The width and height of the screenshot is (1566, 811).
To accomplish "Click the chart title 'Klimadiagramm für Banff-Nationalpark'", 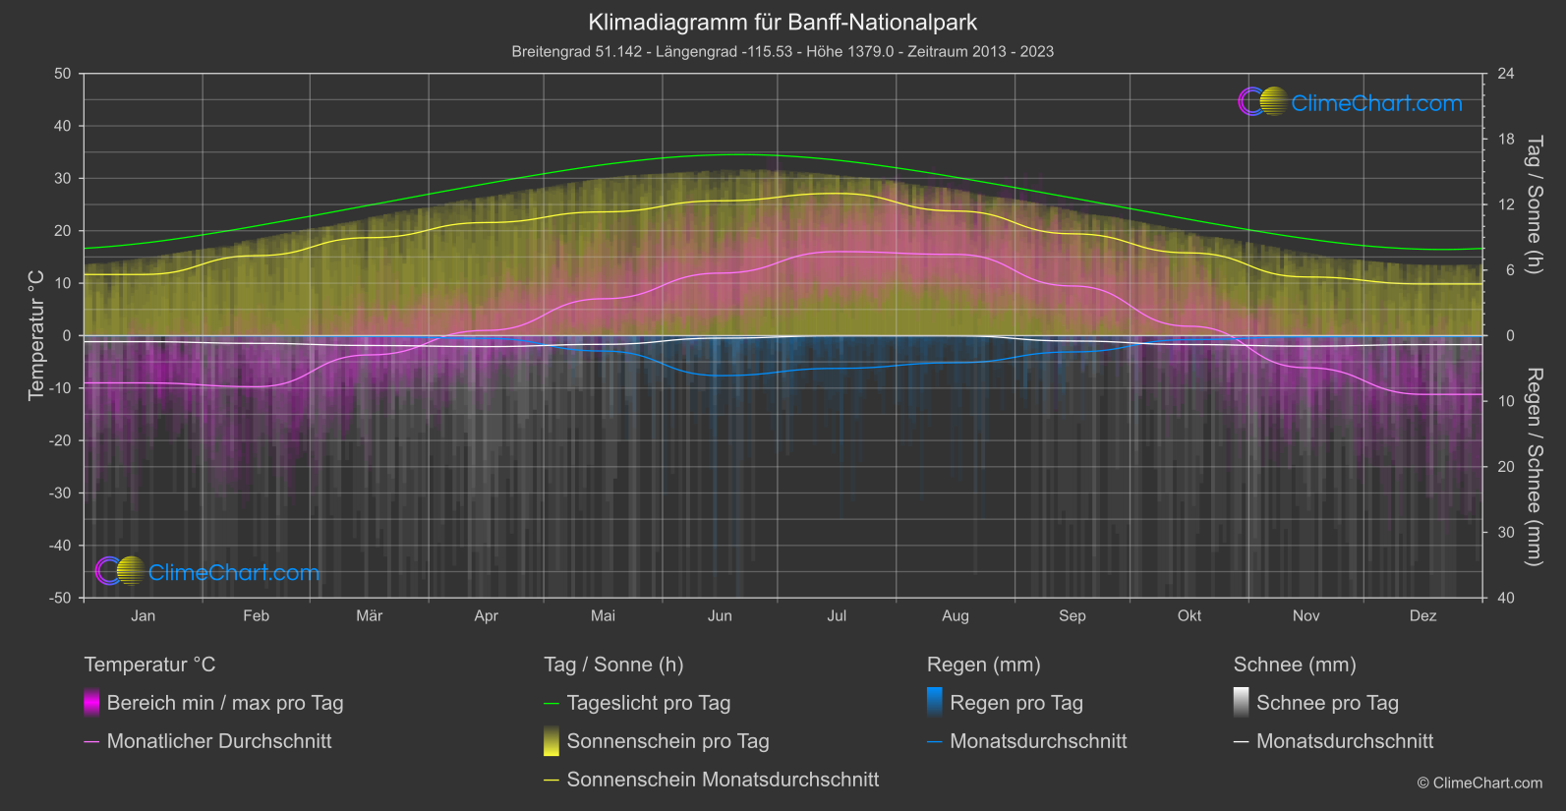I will point(783,22).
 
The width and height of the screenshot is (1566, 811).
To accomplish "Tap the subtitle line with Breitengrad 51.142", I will point(783,51).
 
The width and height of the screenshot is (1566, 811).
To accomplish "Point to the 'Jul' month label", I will point(837,615).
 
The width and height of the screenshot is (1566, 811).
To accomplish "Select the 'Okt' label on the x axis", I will point(1189,615).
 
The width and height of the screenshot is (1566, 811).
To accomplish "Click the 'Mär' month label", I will point(369,615).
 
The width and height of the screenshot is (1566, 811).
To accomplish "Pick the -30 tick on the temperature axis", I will point(61,492).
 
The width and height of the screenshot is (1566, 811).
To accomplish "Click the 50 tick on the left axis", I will point(63,74).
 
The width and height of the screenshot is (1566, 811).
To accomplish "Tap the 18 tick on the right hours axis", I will point(1506,139).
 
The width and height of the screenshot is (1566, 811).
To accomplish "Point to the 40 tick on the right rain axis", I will point(1506,598).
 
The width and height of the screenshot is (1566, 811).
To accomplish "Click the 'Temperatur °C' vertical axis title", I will point(36,335).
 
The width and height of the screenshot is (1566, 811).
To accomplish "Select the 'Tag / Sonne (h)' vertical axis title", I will point(1533,204).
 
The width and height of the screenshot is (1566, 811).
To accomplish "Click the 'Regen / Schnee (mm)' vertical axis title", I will point(1533,467).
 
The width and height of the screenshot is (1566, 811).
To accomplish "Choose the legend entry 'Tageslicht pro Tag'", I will point(649,703).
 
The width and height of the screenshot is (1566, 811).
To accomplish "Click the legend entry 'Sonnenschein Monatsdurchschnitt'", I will point(723,780).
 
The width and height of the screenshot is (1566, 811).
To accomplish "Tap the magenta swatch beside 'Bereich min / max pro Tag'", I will point(91,703).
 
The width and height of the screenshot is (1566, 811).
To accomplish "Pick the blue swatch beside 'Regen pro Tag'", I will point(935,703).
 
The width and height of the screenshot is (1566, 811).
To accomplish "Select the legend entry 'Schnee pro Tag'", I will point(1327,703).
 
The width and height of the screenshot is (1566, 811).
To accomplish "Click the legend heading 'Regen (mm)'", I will point(983,665).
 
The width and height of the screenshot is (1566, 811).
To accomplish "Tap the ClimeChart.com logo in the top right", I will point(1351,102).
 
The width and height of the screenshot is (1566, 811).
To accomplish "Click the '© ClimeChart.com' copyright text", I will point(1479,782).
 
